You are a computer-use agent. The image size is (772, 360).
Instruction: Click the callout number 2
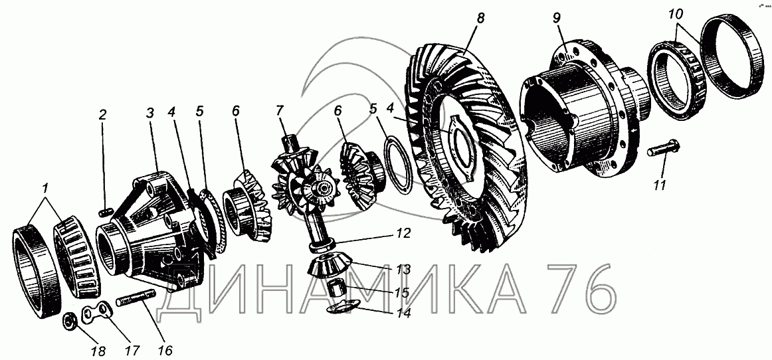(x=102, y=115)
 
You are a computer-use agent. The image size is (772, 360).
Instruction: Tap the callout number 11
(x=660, y=185)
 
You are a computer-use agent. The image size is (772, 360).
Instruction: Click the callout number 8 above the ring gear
(x=480, y=18)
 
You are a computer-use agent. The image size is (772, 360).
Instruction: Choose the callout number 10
(x=676, y=15)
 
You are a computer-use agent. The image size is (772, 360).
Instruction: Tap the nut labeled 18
(x=69, y=322)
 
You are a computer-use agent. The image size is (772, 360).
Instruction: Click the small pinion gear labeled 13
(x=332, y=266)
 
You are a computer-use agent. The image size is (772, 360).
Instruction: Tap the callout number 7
(x=280, y=110)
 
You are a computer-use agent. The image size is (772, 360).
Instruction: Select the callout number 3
(x=151, y=114)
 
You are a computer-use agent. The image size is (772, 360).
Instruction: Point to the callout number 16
(x=165, y=350)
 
